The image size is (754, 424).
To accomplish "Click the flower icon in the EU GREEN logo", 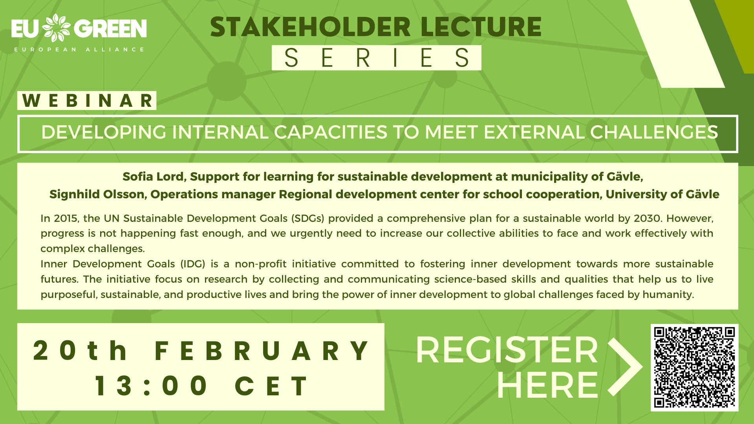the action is tap(56, 28).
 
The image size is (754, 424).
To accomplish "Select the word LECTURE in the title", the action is tap(481, 27).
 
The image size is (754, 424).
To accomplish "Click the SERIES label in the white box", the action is tap(377, 58).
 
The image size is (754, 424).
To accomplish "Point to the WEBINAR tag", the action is tap(87, 101).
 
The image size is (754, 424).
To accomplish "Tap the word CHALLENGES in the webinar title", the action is tap(654, 132).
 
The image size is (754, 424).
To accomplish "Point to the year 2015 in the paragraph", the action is tap(66, 218).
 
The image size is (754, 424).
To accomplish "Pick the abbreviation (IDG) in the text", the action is tap(193, 264).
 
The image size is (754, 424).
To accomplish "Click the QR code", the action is tap(694, 367).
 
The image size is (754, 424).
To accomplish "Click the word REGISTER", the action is tap(507, 350).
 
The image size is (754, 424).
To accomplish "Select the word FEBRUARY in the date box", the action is tap(262, 351).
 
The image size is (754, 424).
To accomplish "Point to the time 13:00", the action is tap(151, 386).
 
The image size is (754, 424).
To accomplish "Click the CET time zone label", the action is tap(271, 386).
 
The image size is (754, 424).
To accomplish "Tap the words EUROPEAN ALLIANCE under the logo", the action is tap(79, 49).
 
